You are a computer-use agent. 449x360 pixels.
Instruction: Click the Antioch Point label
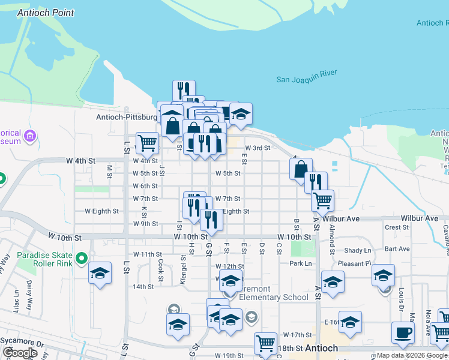coord(46,13)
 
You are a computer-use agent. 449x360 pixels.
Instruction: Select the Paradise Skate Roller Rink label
coord(45,259)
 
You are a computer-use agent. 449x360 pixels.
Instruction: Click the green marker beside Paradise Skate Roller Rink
coord(82,259)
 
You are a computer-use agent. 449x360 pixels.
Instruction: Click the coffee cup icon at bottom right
coord(402,332)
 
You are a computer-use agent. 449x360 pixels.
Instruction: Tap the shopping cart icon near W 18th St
coord(265,343)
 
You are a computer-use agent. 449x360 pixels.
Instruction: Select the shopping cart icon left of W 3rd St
coord(147,143)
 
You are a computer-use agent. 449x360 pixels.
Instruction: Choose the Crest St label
coord(397,227)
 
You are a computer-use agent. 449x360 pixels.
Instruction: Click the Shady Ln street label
coord(358,250)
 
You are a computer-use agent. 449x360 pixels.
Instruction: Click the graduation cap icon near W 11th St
coord(100,274)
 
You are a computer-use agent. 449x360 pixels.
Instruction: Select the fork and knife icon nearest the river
coord(184,91)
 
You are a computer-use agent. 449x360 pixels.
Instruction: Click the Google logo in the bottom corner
coord(20,353)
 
